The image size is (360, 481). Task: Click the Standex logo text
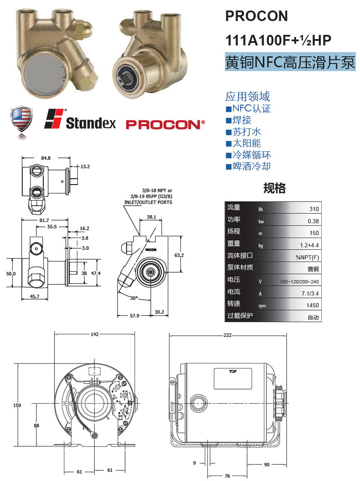91,123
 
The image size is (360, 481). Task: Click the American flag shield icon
21,119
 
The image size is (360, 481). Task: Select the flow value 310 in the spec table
314,209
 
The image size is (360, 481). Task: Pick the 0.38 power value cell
313,221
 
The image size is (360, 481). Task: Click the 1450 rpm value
312,305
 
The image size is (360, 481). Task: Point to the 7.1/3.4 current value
310,293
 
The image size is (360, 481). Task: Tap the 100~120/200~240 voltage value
299,282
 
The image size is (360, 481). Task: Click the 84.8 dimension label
46,158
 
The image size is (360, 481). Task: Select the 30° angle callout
134,298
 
